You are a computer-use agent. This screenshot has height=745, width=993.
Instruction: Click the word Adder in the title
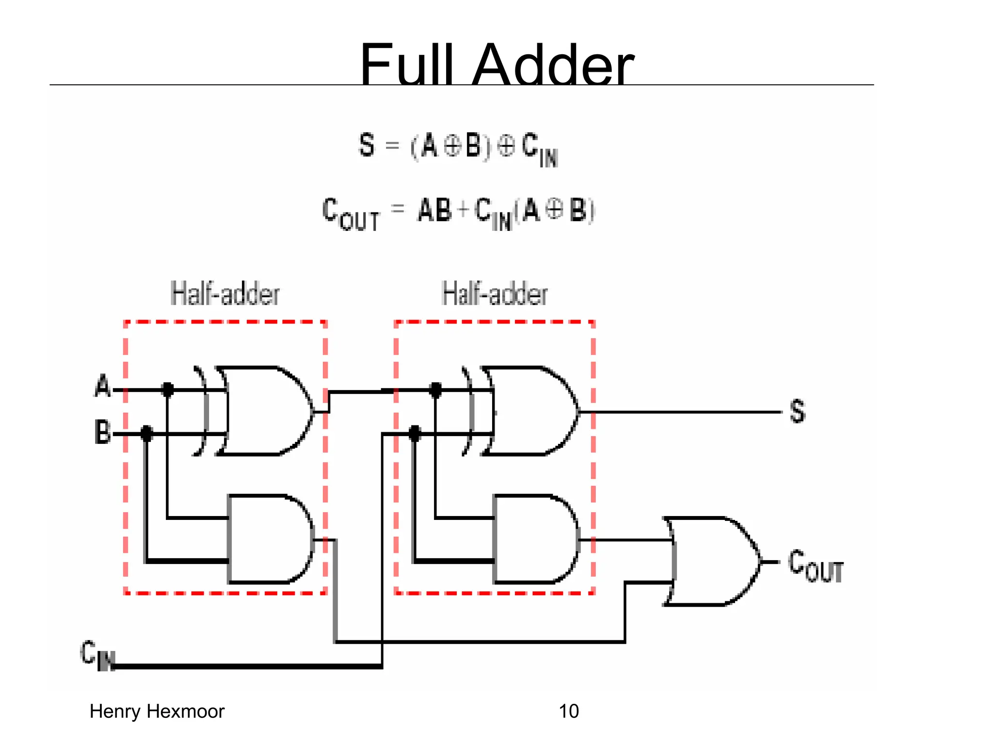pos(553,65)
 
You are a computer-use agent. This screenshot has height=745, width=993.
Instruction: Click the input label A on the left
pos(103,387)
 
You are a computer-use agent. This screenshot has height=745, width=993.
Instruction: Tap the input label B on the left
pos(103,432)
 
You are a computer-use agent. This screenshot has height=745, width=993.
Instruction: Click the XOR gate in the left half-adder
pos(264,411)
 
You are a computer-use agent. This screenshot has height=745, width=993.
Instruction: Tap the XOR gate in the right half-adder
pos(531,411)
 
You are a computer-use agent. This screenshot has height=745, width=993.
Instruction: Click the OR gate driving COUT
pos(713,562)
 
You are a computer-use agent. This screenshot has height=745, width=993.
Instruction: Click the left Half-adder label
pos(225,294)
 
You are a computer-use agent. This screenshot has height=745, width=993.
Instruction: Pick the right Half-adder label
pos(495,294)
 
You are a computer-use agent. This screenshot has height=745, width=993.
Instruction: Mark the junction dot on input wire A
pos(167,389)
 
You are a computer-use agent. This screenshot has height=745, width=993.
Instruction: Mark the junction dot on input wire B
pos(146,433)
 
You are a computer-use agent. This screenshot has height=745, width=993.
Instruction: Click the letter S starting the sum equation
pos(367,145)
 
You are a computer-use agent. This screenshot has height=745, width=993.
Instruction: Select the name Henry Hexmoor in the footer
pos(157,712)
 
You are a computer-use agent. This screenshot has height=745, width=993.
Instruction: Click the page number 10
pos(568,712)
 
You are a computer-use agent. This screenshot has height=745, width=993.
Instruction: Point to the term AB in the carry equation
pos(434,211)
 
